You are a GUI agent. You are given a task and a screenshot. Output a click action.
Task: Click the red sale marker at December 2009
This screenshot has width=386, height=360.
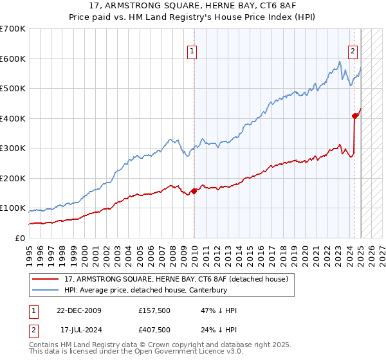tap(194, 191)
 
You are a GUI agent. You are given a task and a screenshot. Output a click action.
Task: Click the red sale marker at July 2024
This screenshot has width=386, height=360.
tap(354, 116)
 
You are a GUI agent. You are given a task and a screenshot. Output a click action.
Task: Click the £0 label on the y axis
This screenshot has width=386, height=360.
tap(19, 238)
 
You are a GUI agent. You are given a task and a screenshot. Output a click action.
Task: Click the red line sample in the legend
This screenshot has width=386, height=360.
tap(46, 280)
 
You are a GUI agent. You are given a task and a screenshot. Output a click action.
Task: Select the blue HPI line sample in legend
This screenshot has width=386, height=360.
tap(46, 291)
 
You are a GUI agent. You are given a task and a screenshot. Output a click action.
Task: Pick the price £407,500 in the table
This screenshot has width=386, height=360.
tap(154, 330)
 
